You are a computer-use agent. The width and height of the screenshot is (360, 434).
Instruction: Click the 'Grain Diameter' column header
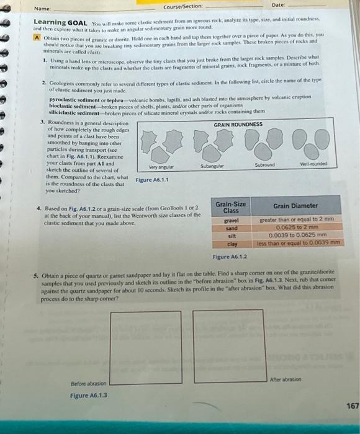(x=296, y=205)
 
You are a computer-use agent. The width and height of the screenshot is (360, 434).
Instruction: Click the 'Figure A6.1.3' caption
(x=89, y=395)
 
